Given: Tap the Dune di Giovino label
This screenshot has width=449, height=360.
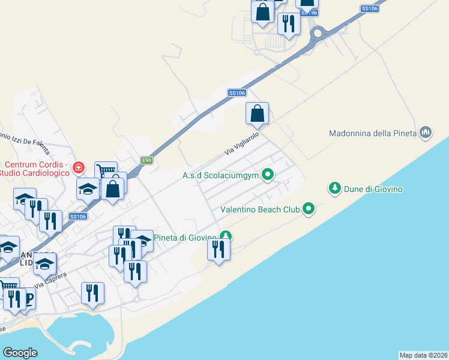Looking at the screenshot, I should click(x=373, y=189).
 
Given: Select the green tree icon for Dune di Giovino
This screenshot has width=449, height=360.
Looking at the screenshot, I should click(x=334, y=188).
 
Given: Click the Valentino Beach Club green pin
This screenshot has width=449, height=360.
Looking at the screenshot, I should click(x=309, y=209).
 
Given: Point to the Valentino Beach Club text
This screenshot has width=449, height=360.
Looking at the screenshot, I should click(x=260, y=210).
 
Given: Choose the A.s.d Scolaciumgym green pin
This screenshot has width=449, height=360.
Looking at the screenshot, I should click(x=268, y=175).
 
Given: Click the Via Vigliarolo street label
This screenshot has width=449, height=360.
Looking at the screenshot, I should click(x=241, y=145).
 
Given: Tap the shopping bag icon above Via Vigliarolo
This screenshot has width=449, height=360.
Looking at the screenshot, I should click(x=257, y=113).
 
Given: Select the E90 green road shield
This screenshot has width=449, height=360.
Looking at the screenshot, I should click(x=147, y=160).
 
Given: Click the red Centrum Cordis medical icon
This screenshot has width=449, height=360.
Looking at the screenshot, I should click(x=77, y=167).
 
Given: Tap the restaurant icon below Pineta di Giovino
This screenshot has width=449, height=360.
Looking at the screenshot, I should click(x=218, y=250).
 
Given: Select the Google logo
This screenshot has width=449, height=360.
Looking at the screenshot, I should click(x=20, y=352).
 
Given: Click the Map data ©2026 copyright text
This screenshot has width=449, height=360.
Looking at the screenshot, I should click(x=423, y=355).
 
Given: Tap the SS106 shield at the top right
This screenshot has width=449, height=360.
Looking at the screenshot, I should click(x=370, y=8).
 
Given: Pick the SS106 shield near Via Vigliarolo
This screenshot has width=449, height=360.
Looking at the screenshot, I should click(x=237, y=92).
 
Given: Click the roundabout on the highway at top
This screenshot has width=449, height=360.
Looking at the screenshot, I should click(x=318, y=33).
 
